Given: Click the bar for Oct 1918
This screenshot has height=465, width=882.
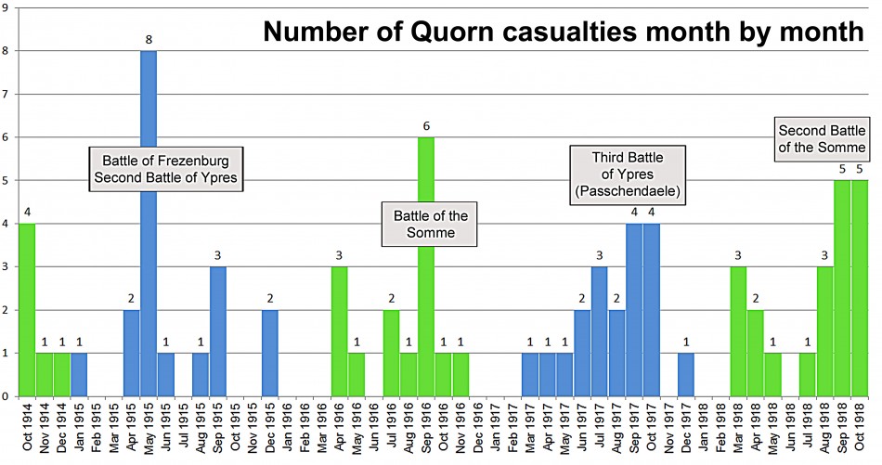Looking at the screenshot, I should coord(860,288).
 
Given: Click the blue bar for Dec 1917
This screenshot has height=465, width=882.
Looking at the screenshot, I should coord(686,375).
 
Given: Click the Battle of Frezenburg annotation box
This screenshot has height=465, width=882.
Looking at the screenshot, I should coord(166,168).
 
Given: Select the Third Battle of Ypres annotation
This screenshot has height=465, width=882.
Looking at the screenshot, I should coord(628,173).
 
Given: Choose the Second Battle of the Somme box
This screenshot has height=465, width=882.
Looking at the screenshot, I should coord(823,138).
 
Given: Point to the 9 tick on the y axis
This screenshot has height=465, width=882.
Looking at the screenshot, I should coord(6,7).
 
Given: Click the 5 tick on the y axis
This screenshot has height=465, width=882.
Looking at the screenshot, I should coord(6,180).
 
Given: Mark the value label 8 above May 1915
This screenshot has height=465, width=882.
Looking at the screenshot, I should coord(149,39).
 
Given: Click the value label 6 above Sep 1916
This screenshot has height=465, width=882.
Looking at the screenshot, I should coord(426,125).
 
